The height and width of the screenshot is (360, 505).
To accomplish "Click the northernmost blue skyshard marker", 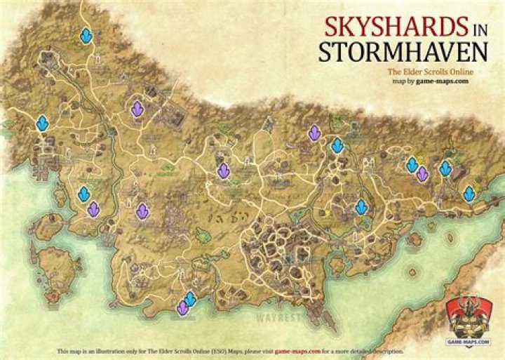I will pos(86,36).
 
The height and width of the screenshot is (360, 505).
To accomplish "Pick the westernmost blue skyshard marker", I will pos(42,124).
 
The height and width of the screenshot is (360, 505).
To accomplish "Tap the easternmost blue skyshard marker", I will pos(469,193).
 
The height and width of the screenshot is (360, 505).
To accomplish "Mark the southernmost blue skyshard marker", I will pos(189,299).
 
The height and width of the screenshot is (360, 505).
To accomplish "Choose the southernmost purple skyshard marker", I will pos(182,308).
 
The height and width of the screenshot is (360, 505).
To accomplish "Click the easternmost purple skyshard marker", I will pos(422,173).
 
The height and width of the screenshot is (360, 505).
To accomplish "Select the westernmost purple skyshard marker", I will pos(93,208).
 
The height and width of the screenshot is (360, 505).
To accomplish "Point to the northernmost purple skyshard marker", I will pos(137,109).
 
